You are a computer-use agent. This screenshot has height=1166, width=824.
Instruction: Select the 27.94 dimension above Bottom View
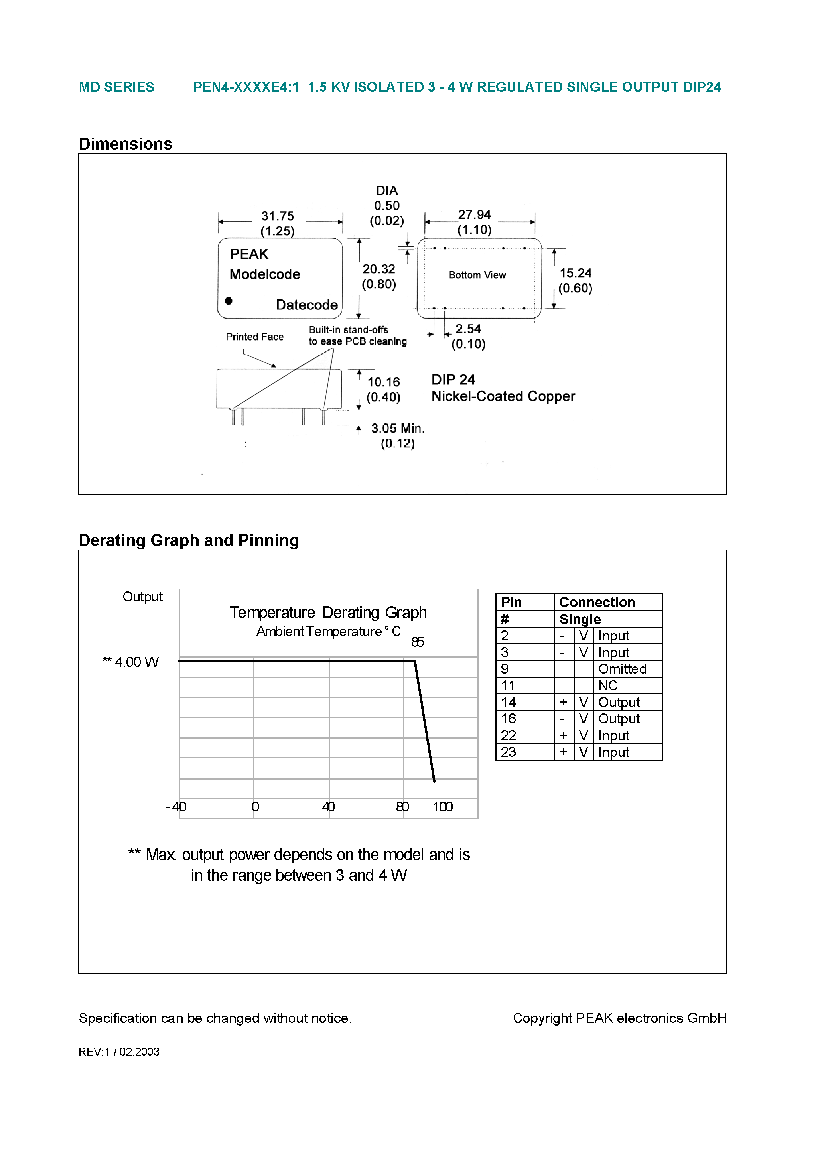(474, 215)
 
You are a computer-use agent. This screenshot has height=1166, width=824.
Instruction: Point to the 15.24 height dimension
(575, 273)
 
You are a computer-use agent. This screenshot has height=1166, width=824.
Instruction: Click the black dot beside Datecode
(229, 301)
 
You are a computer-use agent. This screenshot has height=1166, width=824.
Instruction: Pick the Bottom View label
(477, 275)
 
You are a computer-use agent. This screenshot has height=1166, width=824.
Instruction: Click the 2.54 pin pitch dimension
(468, 329)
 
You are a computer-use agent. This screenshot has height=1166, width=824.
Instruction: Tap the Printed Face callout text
(254, 337)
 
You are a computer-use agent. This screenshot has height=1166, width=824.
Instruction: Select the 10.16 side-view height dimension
(384, 382)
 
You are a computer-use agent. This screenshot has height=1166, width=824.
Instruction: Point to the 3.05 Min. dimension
(397, 429)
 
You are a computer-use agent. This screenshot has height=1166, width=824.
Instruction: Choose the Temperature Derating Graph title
(328, 613)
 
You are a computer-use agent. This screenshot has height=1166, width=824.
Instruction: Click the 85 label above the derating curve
(418, 642)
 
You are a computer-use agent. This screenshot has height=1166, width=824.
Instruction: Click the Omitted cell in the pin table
(622, 669)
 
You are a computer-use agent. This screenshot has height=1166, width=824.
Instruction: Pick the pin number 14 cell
(509, 702)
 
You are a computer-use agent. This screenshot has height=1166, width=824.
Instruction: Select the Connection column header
(597, 602)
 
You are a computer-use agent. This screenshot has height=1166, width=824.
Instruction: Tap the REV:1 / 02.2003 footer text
(119, 1052)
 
